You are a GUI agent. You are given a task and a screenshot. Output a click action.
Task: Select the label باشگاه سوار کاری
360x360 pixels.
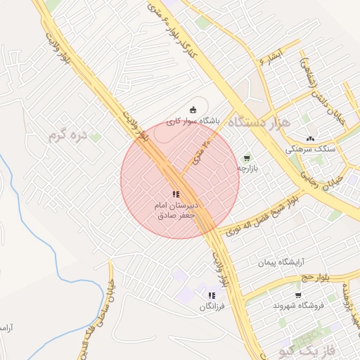pyautogui.click(x=193, y=121)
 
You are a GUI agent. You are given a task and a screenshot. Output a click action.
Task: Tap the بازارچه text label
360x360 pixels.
pyautogui.click(x=247, y=169)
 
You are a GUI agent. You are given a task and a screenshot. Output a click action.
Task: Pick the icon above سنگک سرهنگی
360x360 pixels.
pyautogui.click(x=310, y=137)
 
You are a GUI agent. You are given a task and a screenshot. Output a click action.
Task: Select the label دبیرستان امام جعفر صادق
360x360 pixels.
pyautogui.click(x=177, y=210)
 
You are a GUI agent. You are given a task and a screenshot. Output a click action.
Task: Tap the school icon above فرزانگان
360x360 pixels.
pyautogui.click(x=212, y=295)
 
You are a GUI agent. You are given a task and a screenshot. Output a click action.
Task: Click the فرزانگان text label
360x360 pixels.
pyautogui.click(x=212, y=307)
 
